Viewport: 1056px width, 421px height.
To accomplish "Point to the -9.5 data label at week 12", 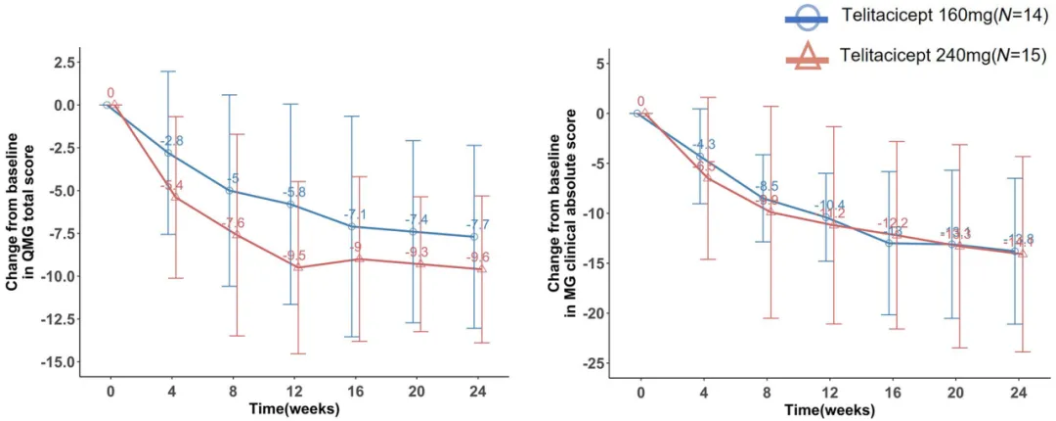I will coord(294,256).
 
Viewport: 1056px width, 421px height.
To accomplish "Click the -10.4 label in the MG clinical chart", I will coord(830,206).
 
